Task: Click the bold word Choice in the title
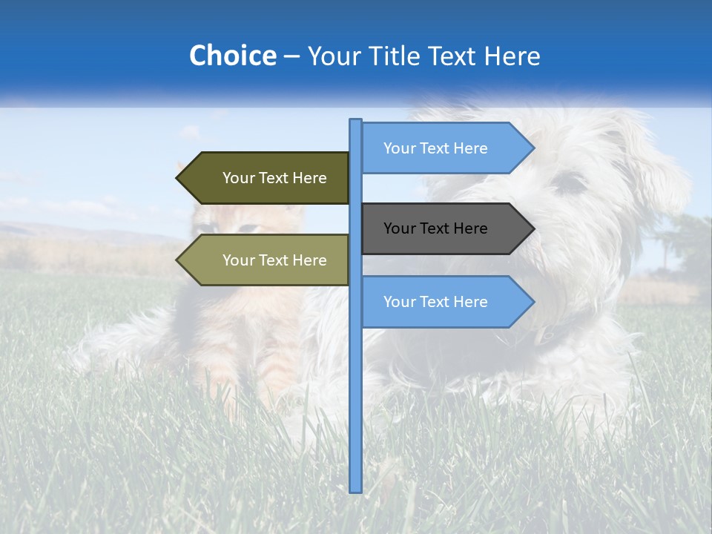coord(232,56)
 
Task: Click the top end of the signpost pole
coord(356,121)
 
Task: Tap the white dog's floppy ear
coord(660,171)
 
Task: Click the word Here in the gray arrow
coord(469,228)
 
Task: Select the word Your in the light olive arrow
coord(238,260)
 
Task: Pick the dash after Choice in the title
coord(291,56)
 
